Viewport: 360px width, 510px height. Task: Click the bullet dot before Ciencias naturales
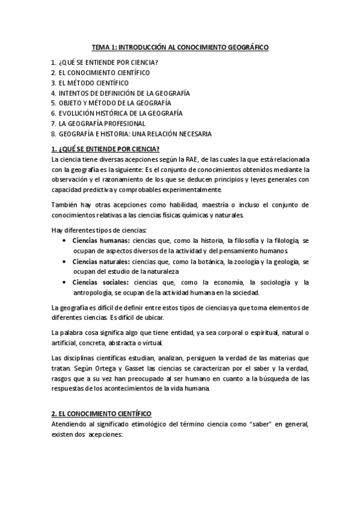point(64,262)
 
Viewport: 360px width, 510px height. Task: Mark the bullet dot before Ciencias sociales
point(64,282)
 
